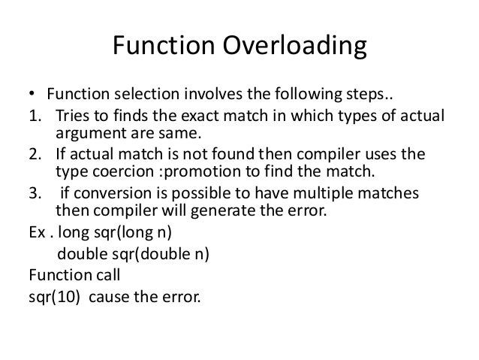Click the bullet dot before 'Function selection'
pos(31,95)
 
